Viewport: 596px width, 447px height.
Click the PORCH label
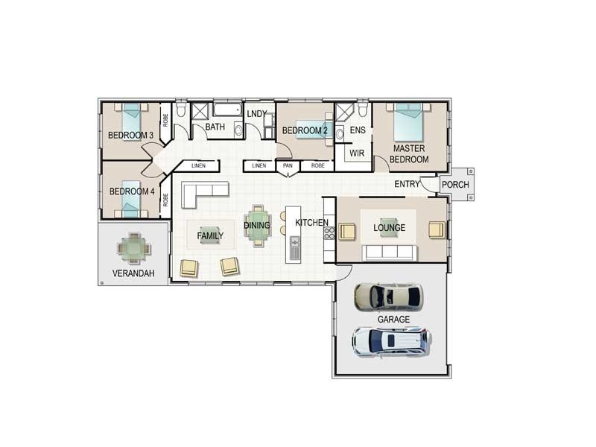coord(455,185)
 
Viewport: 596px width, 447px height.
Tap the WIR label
coord(357,153)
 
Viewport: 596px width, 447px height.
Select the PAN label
coord(288,165)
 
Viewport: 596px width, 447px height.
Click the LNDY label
coord(257,114)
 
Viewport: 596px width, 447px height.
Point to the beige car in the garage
coord(388,297)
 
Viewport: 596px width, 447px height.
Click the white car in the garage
coord(391,342)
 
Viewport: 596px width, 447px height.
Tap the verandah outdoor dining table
coord(134,249)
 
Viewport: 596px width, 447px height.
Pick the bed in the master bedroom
coord(408,121)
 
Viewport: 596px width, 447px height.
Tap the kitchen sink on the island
coord(295,247)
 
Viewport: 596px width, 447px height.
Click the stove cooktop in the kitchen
coord(329,233)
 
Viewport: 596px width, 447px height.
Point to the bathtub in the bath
coord(227,110)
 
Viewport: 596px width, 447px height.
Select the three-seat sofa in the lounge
coord(390,253)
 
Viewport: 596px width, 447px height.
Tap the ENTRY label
coord(407,184)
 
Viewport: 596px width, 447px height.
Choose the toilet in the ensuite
coord(363,109)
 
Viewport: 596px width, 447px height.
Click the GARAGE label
coord(393,320)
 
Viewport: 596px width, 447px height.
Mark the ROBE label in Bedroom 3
coord(165,120)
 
